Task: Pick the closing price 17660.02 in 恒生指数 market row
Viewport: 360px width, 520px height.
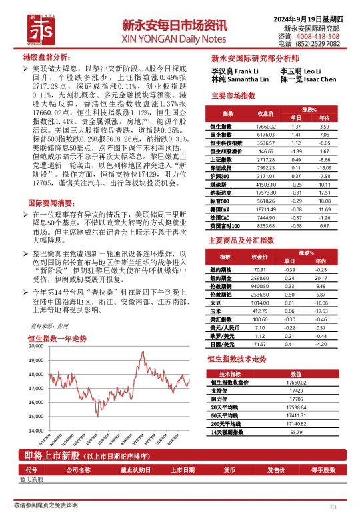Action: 265,127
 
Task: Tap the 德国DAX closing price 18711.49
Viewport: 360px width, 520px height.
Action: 265,209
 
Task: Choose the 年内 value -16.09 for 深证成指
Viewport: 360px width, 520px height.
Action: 325,168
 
